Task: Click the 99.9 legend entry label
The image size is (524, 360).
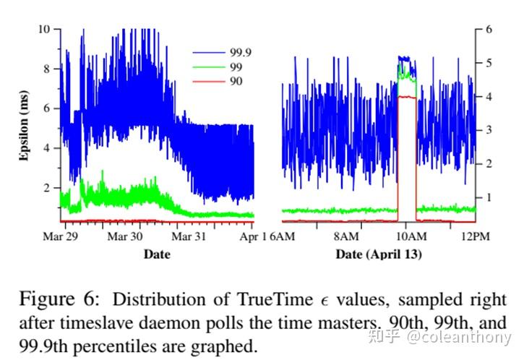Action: pos(241,52)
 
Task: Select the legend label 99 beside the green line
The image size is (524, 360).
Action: pos(236,67)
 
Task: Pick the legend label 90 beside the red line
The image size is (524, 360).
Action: pos(236,81)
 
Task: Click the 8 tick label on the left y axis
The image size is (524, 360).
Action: pos(47,69)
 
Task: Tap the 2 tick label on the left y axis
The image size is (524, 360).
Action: pos(47,187)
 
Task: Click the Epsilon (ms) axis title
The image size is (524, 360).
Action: pos(24,126)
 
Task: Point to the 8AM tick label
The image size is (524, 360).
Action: pos(346,236)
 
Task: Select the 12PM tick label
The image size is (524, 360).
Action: pos(466,236)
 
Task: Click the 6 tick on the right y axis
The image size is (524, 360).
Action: pos(489,29)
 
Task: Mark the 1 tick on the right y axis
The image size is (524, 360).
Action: pos(489,197)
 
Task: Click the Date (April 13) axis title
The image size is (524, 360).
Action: pos(379,254)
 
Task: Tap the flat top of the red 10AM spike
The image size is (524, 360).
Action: pos(406,97)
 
